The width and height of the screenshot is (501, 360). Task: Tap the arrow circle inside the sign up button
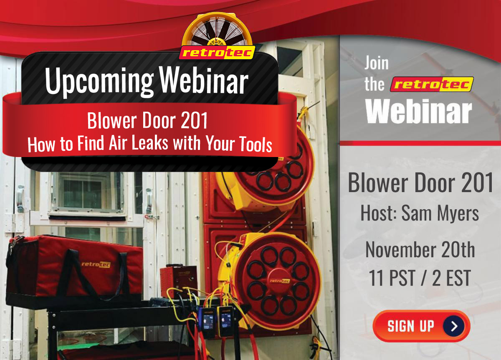[453, 326]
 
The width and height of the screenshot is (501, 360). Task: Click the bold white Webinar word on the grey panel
[419, 112]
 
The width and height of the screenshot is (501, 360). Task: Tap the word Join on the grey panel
[377, 63]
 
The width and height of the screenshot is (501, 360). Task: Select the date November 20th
[420, 249]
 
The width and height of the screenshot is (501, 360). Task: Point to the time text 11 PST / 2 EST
[420, 278]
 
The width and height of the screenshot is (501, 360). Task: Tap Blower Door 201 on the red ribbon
[147, 121]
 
